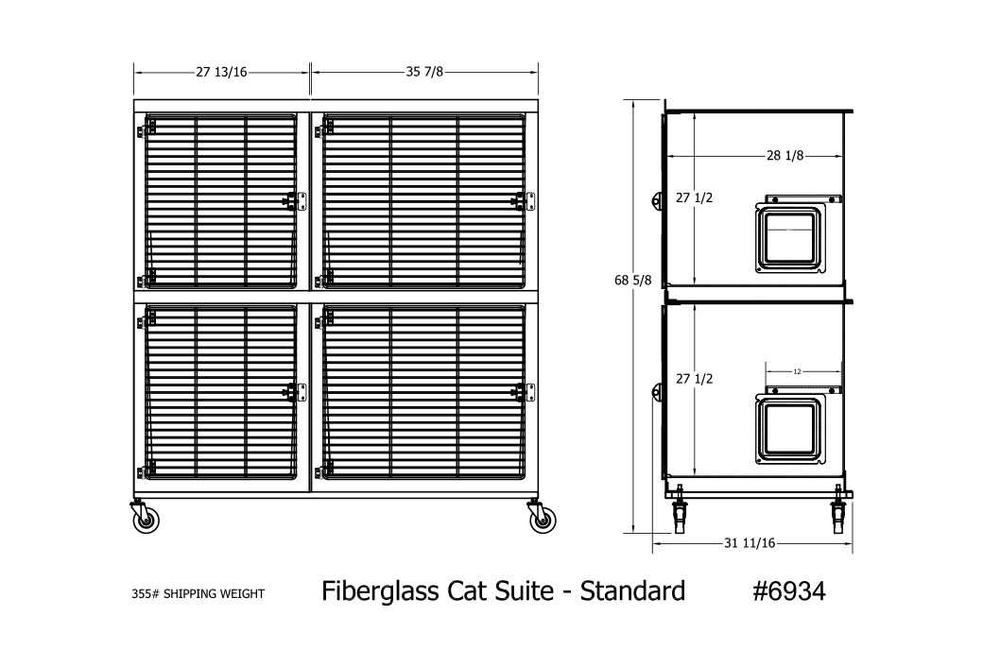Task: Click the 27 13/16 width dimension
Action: point(221,72)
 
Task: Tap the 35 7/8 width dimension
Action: point(424,72)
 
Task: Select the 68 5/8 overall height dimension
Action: point(632,281)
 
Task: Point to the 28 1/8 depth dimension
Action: point(785,156)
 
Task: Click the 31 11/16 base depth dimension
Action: point(750,543)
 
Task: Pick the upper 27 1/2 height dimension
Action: point(694,198)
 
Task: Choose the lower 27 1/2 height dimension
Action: point(694,379)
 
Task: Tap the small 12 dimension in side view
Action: point(798,371)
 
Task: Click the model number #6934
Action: point(789,591)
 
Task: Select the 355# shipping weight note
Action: point(198,593)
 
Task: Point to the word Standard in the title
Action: point(632,591)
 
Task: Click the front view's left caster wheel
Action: point(145,517)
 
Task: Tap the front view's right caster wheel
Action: point(541,517)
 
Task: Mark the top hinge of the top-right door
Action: point(324,130)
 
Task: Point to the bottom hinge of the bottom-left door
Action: point(147,470)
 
